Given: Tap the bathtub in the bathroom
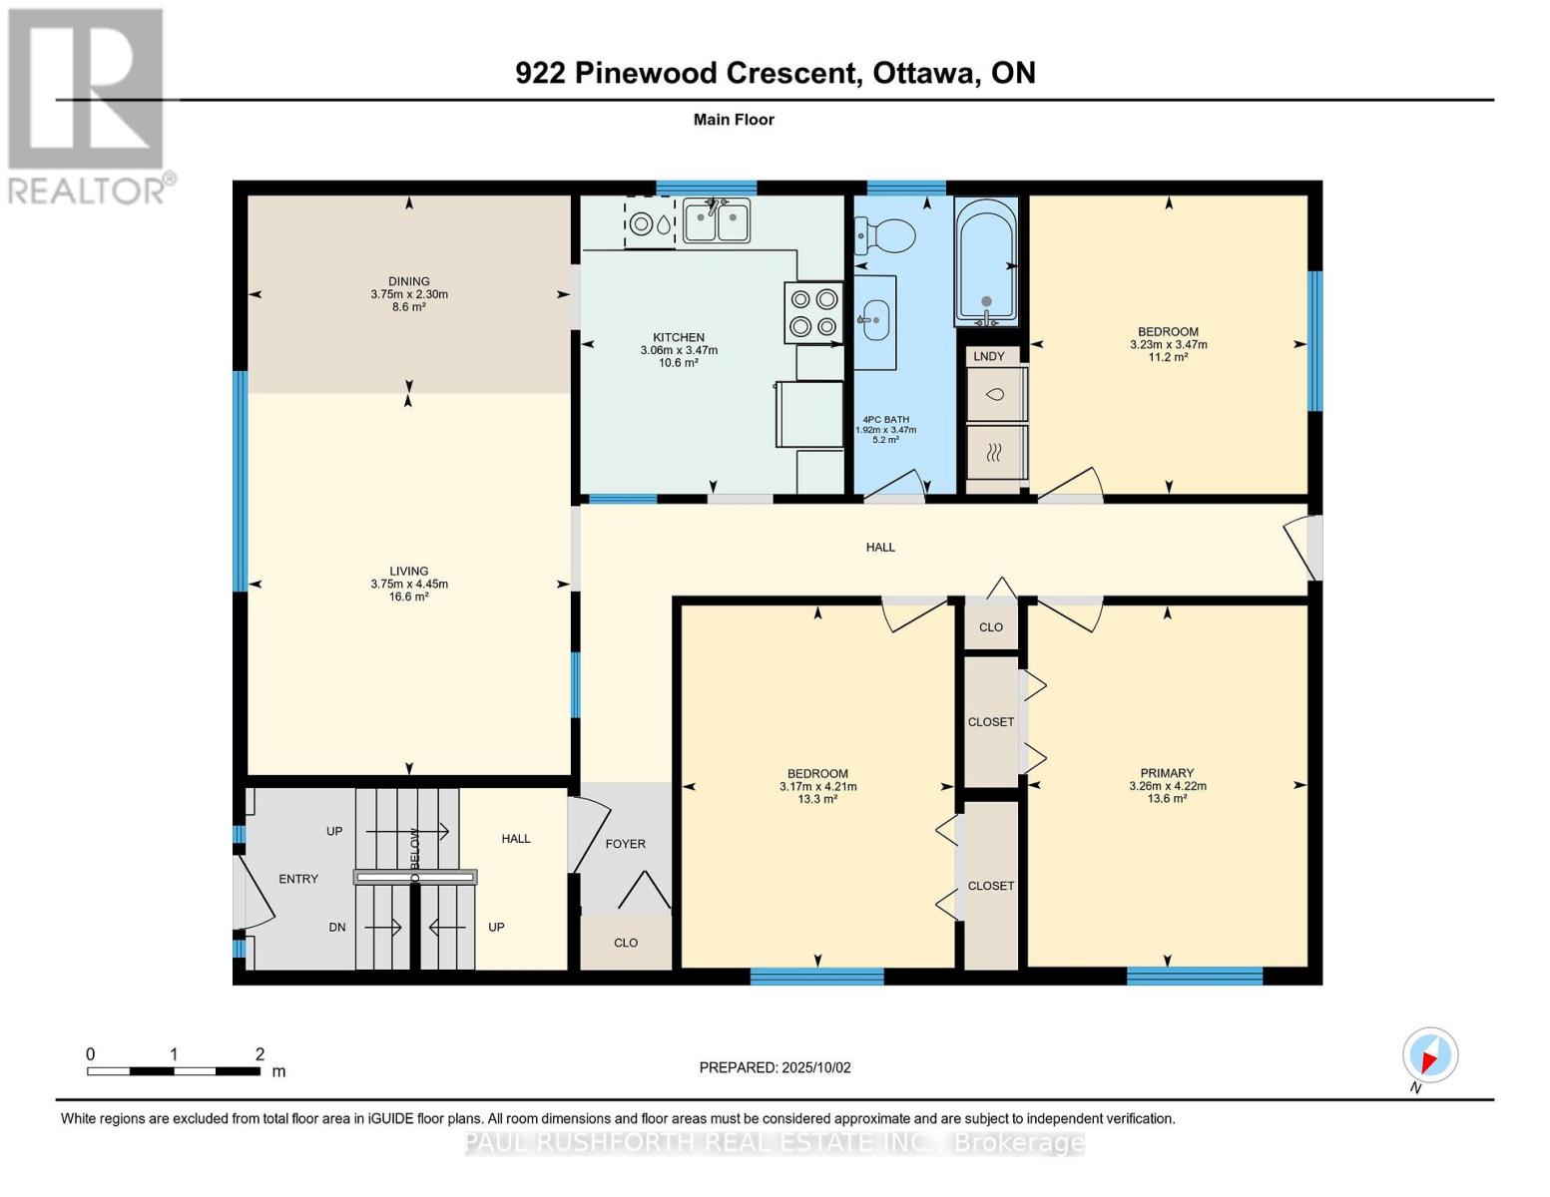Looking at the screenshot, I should (986, 261).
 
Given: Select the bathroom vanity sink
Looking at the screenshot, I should (874, 321).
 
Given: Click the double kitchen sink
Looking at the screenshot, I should (716, 220).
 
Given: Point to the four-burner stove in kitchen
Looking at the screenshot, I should (813, 312).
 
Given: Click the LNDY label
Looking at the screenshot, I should (989, 356).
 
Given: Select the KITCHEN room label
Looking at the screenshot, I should (679, 337).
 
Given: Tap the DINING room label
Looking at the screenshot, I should (409, 281).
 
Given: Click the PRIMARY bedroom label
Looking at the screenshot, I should (1167, 773).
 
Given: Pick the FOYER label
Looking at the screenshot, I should (626, 844).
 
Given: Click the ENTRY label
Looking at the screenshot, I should (298, 879).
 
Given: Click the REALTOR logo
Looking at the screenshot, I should (88, 105).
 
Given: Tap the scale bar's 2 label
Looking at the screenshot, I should (259, 1054).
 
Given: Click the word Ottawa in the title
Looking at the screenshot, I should (925, 73).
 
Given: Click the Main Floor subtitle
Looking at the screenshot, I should (734, 120).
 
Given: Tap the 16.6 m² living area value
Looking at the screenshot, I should (409, 597).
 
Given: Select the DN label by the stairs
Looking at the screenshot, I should (337, 927).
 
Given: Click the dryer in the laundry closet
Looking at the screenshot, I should (995, 453).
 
